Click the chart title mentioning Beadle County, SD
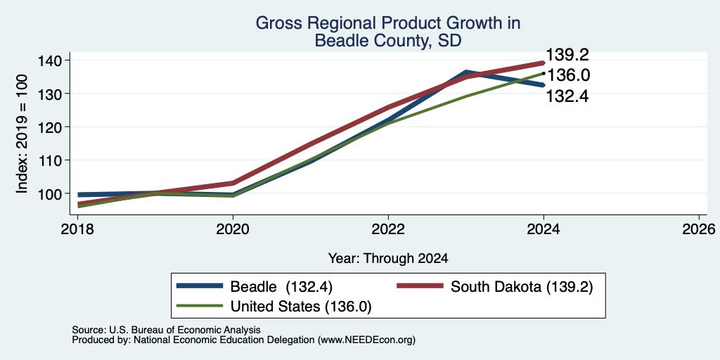tap(387, 32)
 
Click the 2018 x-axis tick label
tap(77, 229)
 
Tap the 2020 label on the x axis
tap(233, 229)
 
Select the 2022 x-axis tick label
tap(388, 229)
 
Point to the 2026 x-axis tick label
tap(699, 229)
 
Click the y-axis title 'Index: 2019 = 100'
tap(22, 134)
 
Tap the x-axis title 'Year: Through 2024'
tap(388, 259)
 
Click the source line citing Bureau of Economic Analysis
tap(166, 330)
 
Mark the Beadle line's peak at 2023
tap(466, 72)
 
